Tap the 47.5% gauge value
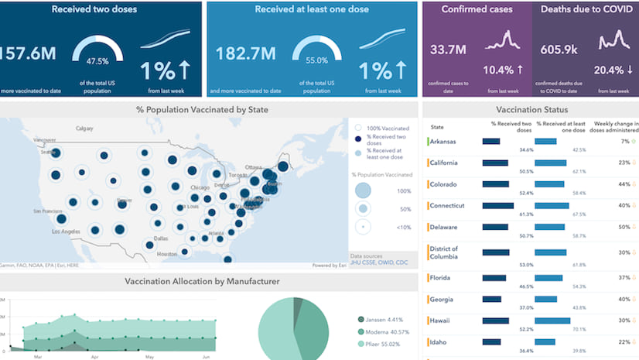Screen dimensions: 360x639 (x=97, y=60)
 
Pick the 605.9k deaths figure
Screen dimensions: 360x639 (x=556, y=50)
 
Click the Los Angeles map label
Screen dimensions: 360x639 (x=67, y=231)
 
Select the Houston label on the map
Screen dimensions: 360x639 (x=167, y=253)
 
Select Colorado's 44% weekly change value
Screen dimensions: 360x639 (x=624, y=184)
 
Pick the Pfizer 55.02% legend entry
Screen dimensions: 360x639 (x=383, y=344)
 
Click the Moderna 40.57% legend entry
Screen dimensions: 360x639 (x=385, y=331)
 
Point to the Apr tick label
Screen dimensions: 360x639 (x=94, y=358)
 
